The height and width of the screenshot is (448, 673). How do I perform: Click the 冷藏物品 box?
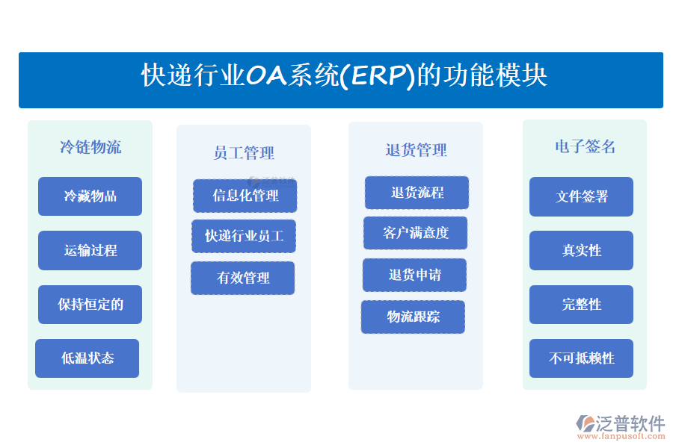(x=90, y=196)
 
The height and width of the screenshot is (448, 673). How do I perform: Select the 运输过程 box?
(x=90, y=250)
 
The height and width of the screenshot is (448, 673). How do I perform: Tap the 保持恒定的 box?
(x=90, y=304)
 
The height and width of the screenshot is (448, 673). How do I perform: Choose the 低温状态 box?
(x=87, y=358)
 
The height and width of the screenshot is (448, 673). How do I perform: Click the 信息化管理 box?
(x=245, y=196)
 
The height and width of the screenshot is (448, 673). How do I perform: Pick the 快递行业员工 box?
(x=244, y=236)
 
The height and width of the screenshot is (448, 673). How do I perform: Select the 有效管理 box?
(x=242, y=278)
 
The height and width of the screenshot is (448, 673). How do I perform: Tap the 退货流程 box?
(x=417, y=193)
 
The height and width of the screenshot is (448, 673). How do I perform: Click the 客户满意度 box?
(x=415, y=233)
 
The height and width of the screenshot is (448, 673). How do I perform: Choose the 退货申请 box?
(x=414, y=275)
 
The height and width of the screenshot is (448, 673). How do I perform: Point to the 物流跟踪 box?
(x=413, y=317)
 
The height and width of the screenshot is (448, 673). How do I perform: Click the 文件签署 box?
(x=581, y=196)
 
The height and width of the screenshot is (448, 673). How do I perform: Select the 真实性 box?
(x=581, y=250)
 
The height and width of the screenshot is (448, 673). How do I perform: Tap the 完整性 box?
(x=581, y=304)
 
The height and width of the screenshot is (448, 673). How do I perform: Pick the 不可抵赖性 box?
(x=581, y=358)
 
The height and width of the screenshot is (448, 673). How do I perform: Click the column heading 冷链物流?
(x=90, y=147)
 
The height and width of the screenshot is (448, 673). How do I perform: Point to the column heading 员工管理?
(x=244, y=153)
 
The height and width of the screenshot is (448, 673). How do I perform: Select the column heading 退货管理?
(x=416, y=150)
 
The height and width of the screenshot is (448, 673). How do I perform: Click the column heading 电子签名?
(x=585, y=147)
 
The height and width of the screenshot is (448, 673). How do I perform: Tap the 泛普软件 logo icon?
(x=585, y=423)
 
